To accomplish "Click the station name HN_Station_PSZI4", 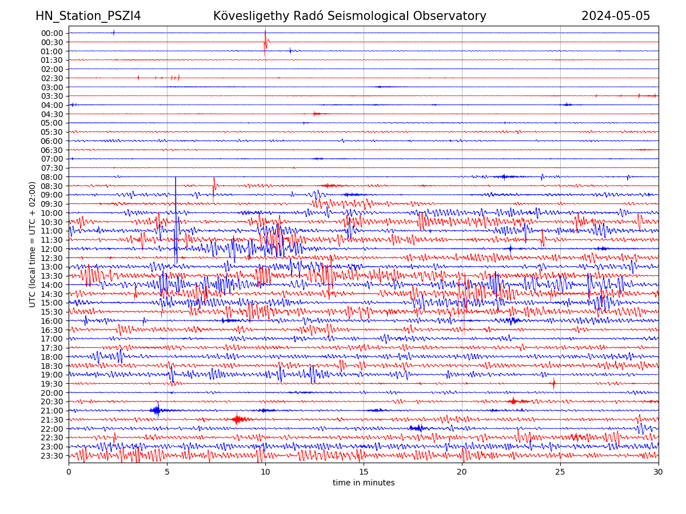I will click(88, 16).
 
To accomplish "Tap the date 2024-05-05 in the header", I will click(616, 16).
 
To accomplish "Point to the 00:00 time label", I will click(52, 33).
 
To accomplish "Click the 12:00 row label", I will click(52, 249).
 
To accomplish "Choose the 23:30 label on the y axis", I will click(52, 456).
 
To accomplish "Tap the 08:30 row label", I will click(52, 186).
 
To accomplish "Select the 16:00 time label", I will click(52, 321).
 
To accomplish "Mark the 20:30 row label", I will click(52, 402).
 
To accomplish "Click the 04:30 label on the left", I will click(52, 114).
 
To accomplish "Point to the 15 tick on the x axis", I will click(364, 472).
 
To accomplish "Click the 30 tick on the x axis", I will click(659, 472).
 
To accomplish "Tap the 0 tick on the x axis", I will click(69, 472).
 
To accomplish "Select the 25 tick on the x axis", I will click(560, 472).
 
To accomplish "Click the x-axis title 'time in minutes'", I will click(364, 483).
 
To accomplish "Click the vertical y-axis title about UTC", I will click(33, 244).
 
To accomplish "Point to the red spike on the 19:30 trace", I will click(553, 384).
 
